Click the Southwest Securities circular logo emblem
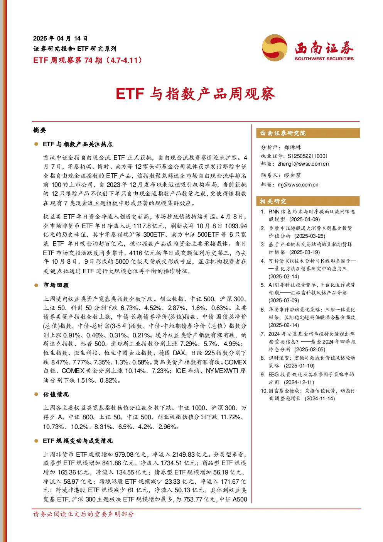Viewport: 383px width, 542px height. (275, 47)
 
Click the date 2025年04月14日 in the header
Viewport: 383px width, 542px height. (60, 39)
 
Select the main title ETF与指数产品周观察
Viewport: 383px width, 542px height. (196, 94)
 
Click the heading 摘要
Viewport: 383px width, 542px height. (40, 130)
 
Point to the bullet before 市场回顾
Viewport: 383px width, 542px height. (36, 286)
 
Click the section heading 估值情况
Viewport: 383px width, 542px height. (56, 395)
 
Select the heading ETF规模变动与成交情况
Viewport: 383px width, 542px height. (78, 441)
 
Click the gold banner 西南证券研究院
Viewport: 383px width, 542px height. (308, 133)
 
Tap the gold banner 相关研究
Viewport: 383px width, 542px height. (308, 201)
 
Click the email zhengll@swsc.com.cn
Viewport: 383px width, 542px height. (303, 164)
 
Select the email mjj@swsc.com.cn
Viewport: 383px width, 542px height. (298, 185)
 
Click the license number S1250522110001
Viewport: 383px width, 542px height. (307, 156)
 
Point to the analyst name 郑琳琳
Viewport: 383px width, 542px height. (293, 147)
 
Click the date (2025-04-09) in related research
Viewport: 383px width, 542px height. (305, 219)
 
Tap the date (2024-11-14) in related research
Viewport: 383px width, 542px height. (320, 398)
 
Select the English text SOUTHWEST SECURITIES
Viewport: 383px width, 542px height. (324, 59)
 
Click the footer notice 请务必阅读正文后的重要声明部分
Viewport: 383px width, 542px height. (83, 514)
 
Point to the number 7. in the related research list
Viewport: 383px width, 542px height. (263, 334)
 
